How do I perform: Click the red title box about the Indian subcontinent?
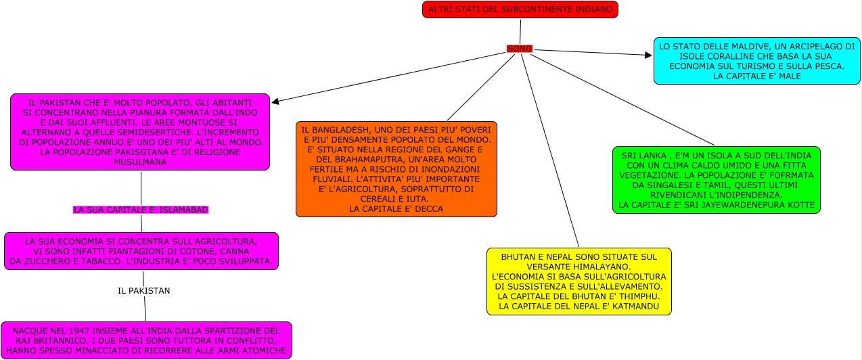[520, 9]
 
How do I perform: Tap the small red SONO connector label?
[520, 49]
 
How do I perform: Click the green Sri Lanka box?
[716, 180]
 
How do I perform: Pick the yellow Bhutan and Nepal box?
[579, 282]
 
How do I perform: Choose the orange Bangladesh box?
[396, 169]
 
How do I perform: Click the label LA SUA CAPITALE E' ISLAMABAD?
[141, 210]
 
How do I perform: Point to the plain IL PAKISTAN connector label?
[143, 290]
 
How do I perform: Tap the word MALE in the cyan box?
[788, 76]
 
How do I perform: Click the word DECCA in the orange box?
[428, 209]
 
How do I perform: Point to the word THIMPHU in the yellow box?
[637, 296]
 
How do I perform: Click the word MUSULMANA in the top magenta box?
[140, 162]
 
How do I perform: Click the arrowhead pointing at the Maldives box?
[648, 55]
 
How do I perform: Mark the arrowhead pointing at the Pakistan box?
[275, 102]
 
